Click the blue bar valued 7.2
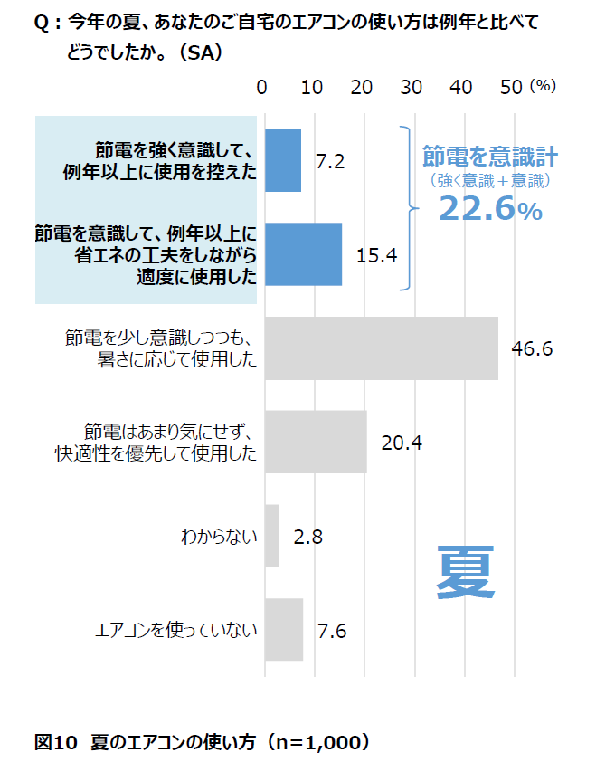(x=283, y=160)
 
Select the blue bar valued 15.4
(x=303, y=254)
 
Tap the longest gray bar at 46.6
(x=381, y=348)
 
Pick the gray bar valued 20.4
(x=316, y=442)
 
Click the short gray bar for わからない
(x=271, y=536)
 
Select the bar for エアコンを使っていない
(x=284, y=630)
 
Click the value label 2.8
(x=308, y=537)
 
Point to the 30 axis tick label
(x=412, y=87)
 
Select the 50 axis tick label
(x=511, y=87)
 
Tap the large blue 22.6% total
(x=490, y=210)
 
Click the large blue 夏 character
(x=466, y=571)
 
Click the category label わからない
(x=219, y=537)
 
